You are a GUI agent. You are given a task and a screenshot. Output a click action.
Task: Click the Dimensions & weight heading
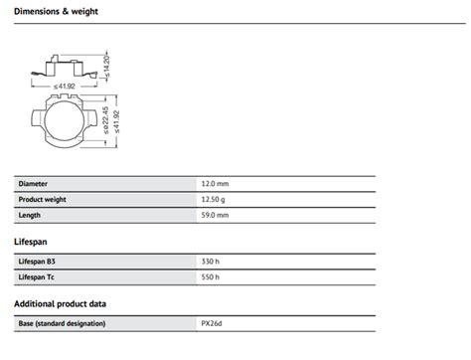tap(56, 11)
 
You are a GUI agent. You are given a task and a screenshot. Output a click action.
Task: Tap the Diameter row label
tap(33, 184)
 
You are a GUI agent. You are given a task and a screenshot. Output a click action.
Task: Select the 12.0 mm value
tap(215, 184)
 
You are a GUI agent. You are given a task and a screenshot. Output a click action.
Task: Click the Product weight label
tap(42, 200)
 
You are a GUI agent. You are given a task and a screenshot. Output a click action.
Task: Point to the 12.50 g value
tap(213, 200)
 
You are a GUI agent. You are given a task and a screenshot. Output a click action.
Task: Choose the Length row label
tap(29, 215)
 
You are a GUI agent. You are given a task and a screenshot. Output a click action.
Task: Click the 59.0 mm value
tap(215, 215)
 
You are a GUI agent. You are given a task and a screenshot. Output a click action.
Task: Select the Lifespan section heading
tap(31, 242)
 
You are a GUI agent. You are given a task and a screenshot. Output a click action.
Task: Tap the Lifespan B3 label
tap(37, 262)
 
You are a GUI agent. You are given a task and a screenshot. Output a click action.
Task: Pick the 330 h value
tap(211, 262)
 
